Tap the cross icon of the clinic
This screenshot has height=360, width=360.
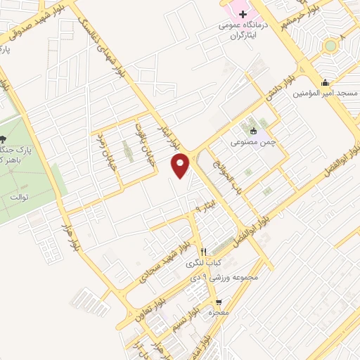pos(243,15)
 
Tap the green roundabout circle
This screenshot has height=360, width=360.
pos(330,46)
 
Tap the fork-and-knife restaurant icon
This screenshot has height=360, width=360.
pos(203,252)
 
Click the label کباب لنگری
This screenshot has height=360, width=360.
pos(202,264)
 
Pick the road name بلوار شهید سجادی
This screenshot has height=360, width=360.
pos(166,264)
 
